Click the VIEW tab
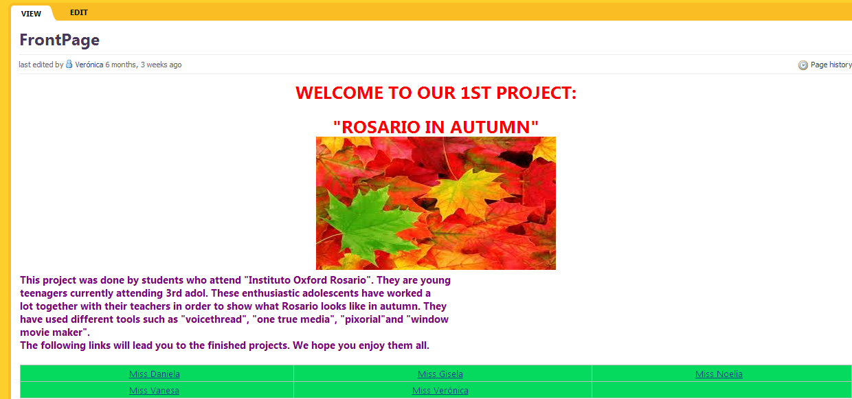31,14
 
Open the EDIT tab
79,12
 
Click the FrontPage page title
59,40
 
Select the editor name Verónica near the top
89,65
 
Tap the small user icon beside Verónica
69,65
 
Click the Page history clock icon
803,65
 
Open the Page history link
831,65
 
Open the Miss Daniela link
155,374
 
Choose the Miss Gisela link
440,374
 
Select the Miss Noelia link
719,374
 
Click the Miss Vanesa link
154,390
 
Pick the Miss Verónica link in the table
440,390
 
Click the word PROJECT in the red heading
537,93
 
